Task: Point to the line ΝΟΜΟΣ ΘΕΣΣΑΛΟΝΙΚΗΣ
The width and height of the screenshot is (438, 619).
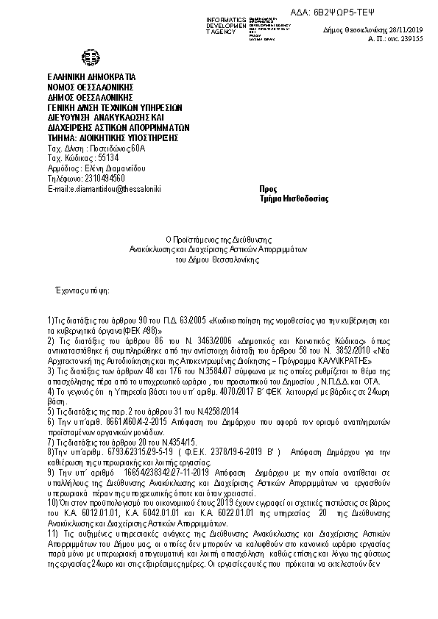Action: (86, 87)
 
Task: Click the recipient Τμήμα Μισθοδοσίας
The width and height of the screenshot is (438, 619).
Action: (294, 199)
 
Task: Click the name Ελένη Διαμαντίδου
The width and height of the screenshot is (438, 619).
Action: (108, 168)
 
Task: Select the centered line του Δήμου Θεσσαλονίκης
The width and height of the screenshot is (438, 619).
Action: (218, 260)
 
